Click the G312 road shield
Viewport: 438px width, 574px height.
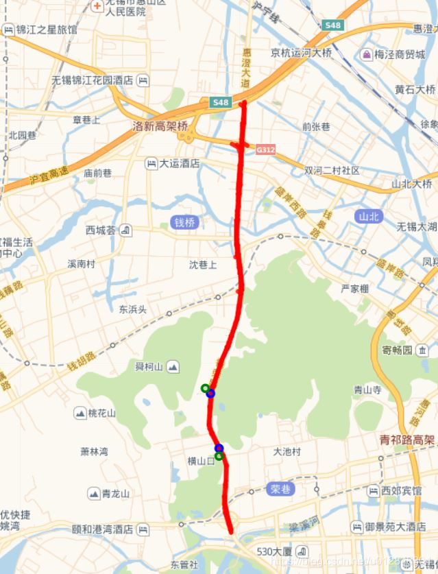(x=265, y=149)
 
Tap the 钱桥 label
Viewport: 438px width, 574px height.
(x=184, y=222)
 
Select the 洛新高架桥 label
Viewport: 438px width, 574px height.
(x=160, y=126)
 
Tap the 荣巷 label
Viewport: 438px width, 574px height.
(x=280, y=489)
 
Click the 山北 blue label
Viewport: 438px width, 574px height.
(x=368, y=217)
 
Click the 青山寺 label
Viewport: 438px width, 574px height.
(x=367, y=389)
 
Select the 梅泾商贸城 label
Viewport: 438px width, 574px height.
(x=399, y=54)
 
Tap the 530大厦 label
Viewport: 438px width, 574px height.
(x=275, y=551)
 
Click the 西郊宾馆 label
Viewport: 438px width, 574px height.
(x=401, y=491)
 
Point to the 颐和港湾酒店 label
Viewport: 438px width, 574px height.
(x=103, y=530)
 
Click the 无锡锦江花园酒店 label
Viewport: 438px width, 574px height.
(x=93, y=80)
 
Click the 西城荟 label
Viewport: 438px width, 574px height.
(x=101, y=230)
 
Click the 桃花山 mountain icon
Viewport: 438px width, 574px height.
(x=80, y=413)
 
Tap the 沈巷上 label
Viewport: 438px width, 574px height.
(x=203, y=264)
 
